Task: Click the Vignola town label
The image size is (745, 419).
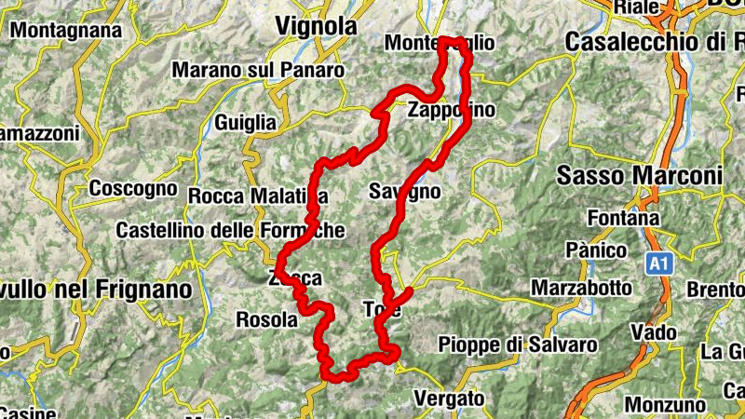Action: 316,27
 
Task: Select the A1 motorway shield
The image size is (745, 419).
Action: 658,264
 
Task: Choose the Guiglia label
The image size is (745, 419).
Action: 245,122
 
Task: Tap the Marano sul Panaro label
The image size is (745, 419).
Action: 258,70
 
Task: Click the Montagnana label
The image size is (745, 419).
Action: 68,31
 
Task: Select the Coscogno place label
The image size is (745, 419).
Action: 133,188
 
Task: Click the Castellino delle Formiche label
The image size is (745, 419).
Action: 230,230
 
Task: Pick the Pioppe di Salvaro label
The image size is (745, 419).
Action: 517,345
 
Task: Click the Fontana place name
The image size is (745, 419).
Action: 624,218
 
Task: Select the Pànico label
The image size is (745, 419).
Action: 592,250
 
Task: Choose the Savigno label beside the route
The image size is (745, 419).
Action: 404,192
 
